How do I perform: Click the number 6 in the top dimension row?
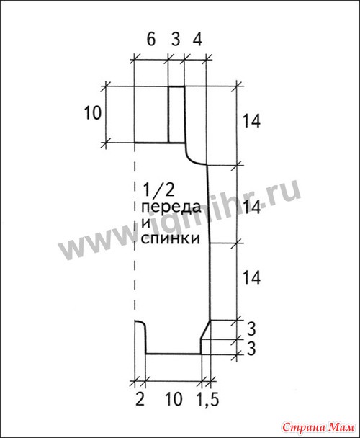coord(150,39)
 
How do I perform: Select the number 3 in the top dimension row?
coord(176,39)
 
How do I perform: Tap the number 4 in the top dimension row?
coord(197,39)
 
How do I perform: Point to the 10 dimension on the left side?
coord(93,113)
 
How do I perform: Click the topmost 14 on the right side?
coord(251,121)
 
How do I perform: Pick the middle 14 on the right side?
coord(251,207)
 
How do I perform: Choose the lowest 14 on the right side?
coord(251,277)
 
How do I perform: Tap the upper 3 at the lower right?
coord(251,329)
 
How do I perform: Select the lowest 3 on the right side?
coord(251,349)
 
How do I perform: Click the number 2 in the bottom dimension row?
coord(140,399)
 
